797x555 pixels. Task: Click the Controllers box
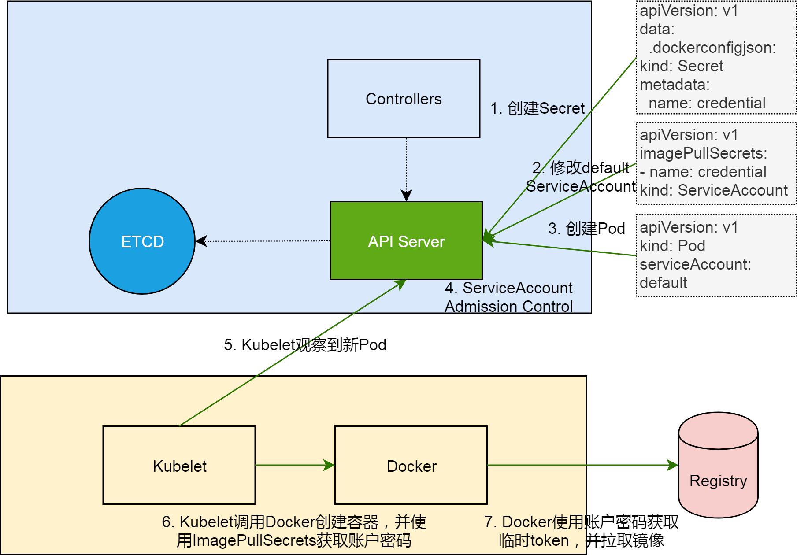[403, 99]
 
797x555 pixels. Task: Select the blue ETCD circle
[142, 241]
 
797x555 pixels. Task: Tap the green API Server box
[406, 241]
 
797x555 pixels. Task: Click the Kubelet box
[179, 466]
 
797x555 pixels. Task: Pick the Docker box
[411, 466]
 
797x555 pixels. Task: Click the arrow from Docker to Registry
[582, 465]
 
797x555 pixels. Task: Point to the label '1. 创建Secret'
[537, 108]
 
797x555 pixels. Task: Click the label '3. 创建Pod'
[586, 228]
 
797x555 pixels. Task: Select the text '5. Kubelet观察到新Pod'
[305, 344]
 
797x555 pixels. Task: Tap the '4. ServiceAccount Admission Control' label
[508, 297]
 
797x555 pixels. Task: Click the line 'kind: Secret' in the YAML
[681, 66]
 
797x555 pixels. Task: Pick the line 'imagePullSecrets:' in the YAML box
[703, 153]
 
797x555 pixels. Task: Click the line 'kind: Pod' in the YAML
[672, 246]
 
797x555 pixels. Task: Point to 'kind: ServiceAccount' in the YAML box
[713, 190]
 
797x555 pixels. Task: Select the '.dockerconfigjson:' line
[712, 48]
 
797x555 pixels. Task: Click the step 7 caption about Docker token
[581, 531]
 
